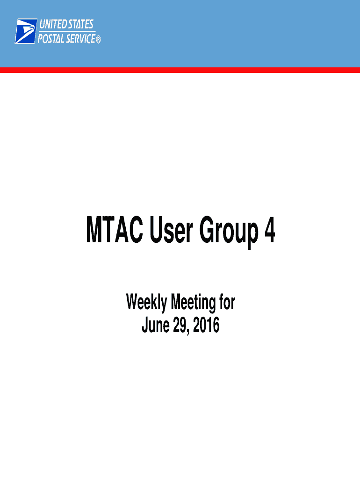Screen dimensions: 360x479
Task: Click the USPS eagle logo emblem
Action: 26,31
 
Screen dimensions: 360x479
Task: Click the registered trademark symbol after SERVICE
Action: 98,40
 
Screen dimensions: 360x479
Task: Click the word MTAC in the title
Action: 115,229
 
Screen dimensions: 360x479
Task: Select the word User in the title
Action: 171,229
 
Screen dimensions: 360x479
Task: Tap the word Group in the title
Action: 229,232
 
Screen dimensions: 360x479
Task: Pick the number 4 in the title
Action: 270,229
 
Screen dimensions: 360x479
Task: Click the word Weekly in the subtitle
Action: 146,303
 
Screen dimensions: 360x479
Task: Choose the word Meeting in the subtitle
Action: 193,303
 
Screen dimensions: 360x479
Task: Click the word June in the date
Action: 156,325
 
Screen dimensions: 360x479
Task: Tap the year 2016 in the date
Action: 206,325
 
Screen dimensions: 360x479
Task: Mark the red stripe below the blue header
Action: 180,70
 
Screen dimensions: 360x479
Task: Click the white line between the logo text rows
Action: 67,31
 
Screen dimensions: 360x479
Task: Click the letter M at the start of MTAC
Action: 94,229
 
